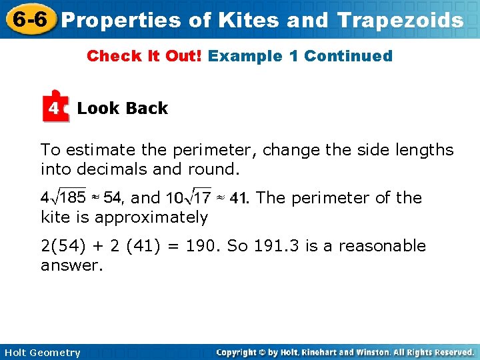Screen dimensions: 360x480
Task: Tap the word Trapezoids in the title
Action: [400, 20]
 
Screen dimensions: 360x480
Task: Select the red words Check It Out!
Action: [145, 56]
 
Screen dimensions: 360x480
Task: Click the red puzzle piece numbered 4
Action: [55, 107]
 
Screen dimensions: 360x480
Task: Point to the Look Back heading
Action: [122, 108]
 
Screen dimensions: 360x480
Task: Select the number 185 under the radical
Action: [73, 197]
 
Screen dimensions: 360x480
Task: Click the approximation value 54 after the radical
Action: [111, 197]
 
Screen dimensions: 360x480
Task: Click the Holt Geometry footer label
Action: [42, 353]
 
